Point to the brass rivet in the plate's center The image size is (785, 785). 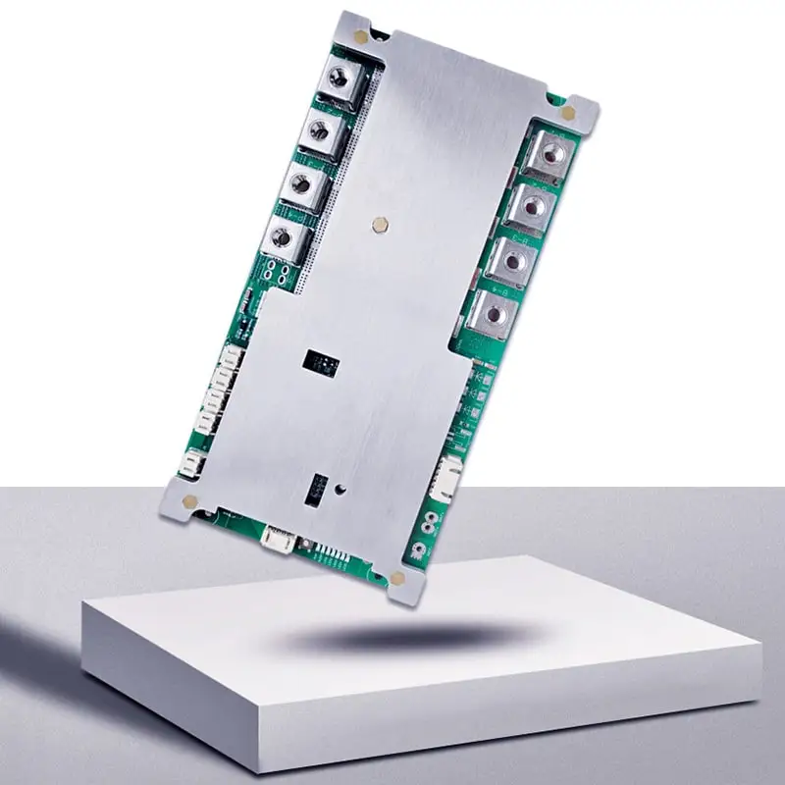pos(382,225)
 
